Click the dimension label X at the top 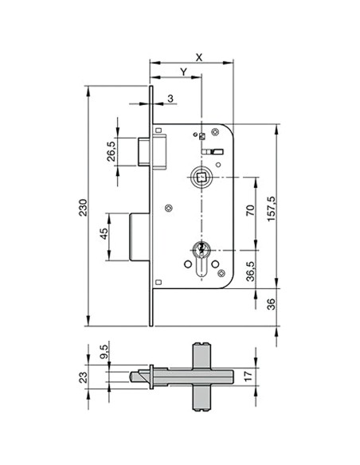(198, 57)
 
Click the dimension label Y (183, 72)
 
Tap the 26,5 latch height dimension (112, 150)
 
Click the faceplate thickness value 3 (170, 100)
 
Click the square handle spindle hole (202, 174)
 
